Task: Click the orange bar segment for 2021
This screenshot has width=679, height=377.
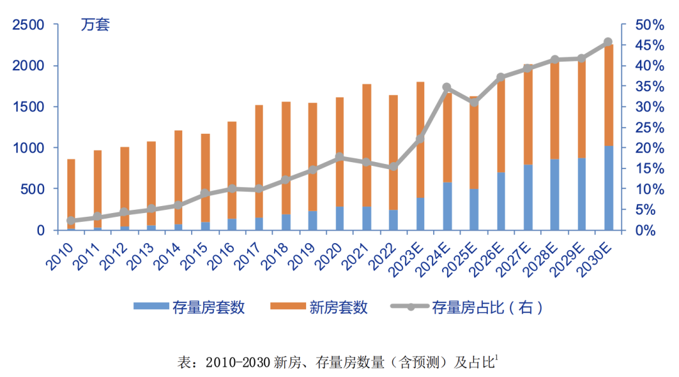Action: (367, 145)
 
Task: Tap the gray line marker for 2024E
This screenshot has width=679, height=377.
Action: (446, 87)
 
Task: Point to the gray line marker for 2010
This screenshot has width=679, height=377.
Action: (71, 221)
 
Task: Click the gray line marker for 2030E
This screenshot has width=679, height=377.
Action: (608, 42)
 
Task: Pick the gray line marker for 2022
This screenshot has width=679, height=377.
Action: (393, 167)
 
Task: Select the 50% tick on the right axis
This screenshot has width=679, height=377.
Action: (649, 25)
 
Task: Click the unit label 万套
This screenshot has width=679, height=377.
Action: (95, 26)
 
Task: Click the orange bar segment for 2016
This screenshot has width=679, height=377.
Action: (232, 170)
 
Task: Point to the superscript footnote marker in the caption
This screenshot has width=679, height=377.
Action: (496, 358)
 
